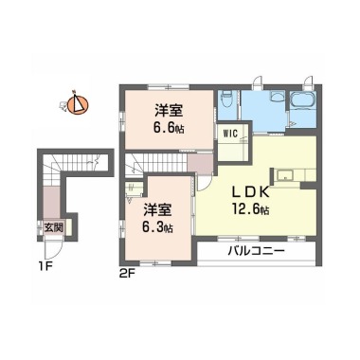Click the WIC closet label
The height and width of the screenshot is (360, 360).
click(230, 134)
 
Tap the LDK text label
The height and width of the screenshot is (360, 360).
click(250, 192)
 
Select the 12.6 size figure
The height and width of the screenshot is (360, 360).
click(251, 209)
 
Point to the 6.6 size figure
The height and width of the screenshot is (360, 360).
click(169, 128)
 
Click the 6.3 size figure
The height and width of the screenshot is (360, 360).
click(158, 227)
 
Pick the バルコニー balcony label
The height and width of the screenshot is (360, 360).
click(257, 251)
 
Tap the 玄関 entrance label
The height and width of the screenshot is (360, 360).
click(53, 227)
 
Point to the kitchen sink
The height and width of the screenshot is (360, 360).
click(285, 174)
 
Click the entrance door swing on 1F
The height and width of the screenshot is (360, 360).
click(53, 249)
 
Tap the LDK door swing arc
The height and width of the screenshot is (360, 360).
click(205, 183)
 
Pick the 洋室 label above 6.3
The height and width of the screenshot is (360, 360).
click(158, 209)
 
